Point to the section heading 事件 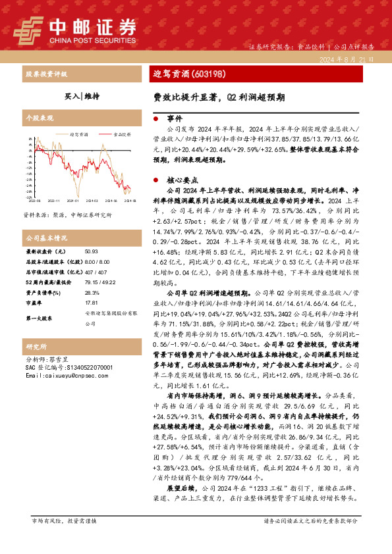(174, 118)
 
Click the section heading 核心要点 (179, 178)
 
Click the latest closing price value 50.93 (91, 251)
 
